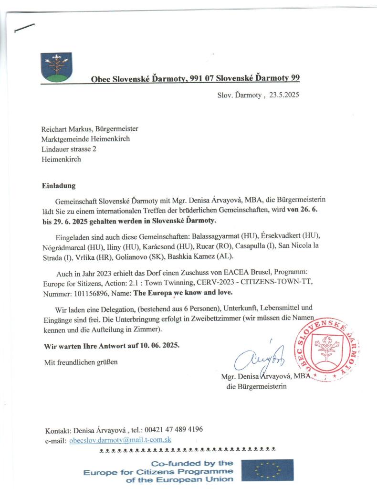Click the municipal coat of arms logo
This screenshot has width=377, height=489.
coord(56,67)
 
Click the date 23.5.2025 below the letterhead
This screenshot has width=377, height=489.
coord(283,95)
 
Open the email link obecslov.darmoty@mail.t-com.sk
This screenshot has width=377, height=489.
coord(120,440)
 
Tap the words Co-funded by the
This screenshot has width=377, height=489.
coord(192,463)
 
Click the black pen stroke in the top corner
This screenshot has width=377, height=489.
coord(24,27)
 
